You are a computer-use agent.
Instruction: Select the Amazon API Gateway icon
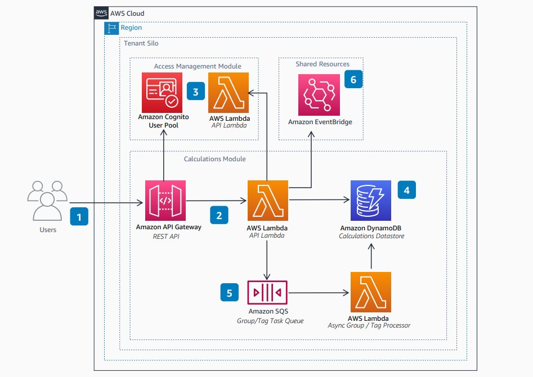[165, 201]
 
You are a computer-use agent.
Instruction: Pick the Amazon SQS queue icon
[267, 293]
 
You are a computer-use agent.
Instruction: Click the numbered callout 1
[79, 216]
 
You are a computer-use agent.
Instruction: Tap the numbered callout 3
[195, 92]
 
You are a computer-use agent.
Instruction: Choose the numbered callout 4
[407, 190]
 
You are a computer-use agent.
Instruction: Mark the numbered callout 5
[229, 293]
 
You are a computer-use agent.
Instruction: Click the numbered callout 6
[353, 80]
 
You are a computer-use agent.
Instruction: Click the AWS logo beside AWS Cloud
[101, 12]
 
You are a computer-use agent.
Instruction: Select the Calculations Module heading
[214, 159]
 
